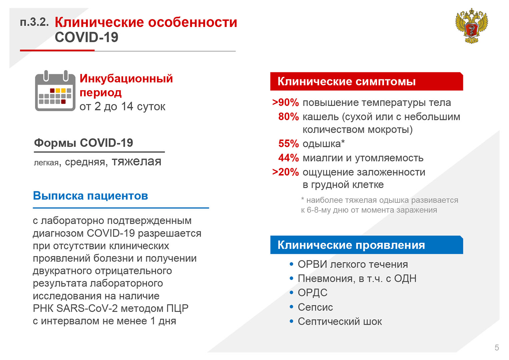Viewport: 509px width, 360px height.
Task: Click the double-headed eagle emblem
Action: click(472, 26)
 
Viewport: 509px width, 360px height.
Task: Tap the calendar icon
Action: click(55, 91)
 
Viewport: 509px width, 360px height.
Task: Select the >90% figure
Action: click(286, 102)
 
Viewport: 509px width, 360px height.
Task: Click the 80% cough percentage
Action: click(289, 117)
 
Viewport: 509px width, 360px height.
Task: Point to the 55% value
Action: click(289, 144)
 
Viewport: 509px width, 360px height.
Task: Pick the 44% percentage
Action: click(289, 158)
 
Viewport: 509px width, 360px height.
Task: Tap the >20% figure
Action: click(286, 172)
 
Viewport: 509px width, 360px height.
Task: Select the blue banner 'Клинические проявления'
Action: click(367, 245)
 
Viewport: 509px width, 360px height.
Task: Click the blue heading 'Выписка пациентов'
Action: click(90, 196)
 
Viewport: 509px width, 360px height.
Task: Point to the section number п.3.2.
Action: click(34, 22)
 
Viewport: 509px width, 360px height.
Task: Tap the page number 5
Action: click(497, 348)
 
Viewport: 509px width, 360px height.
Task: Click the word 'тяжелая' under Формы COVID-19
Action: click(136, 161)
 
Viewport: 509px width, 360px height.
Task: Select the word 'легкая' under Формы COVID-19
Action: click(46, 163)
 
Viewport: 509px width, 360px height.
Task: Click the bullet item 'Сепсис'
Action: click(316, 307)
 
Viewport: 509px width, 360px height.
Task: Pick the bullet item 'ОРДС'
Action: click(313, 293)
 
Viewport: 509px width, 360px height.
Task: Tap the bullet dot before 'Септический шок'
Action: click(292, 321)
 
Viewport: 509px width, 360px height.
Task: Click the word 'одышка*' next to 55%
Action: click(324, 144)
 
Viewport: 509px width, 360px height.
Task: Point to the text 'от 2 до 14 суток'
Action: click(122, 107)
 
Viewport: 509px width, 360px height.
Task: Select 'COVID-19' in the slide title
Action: click(87, 37)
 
